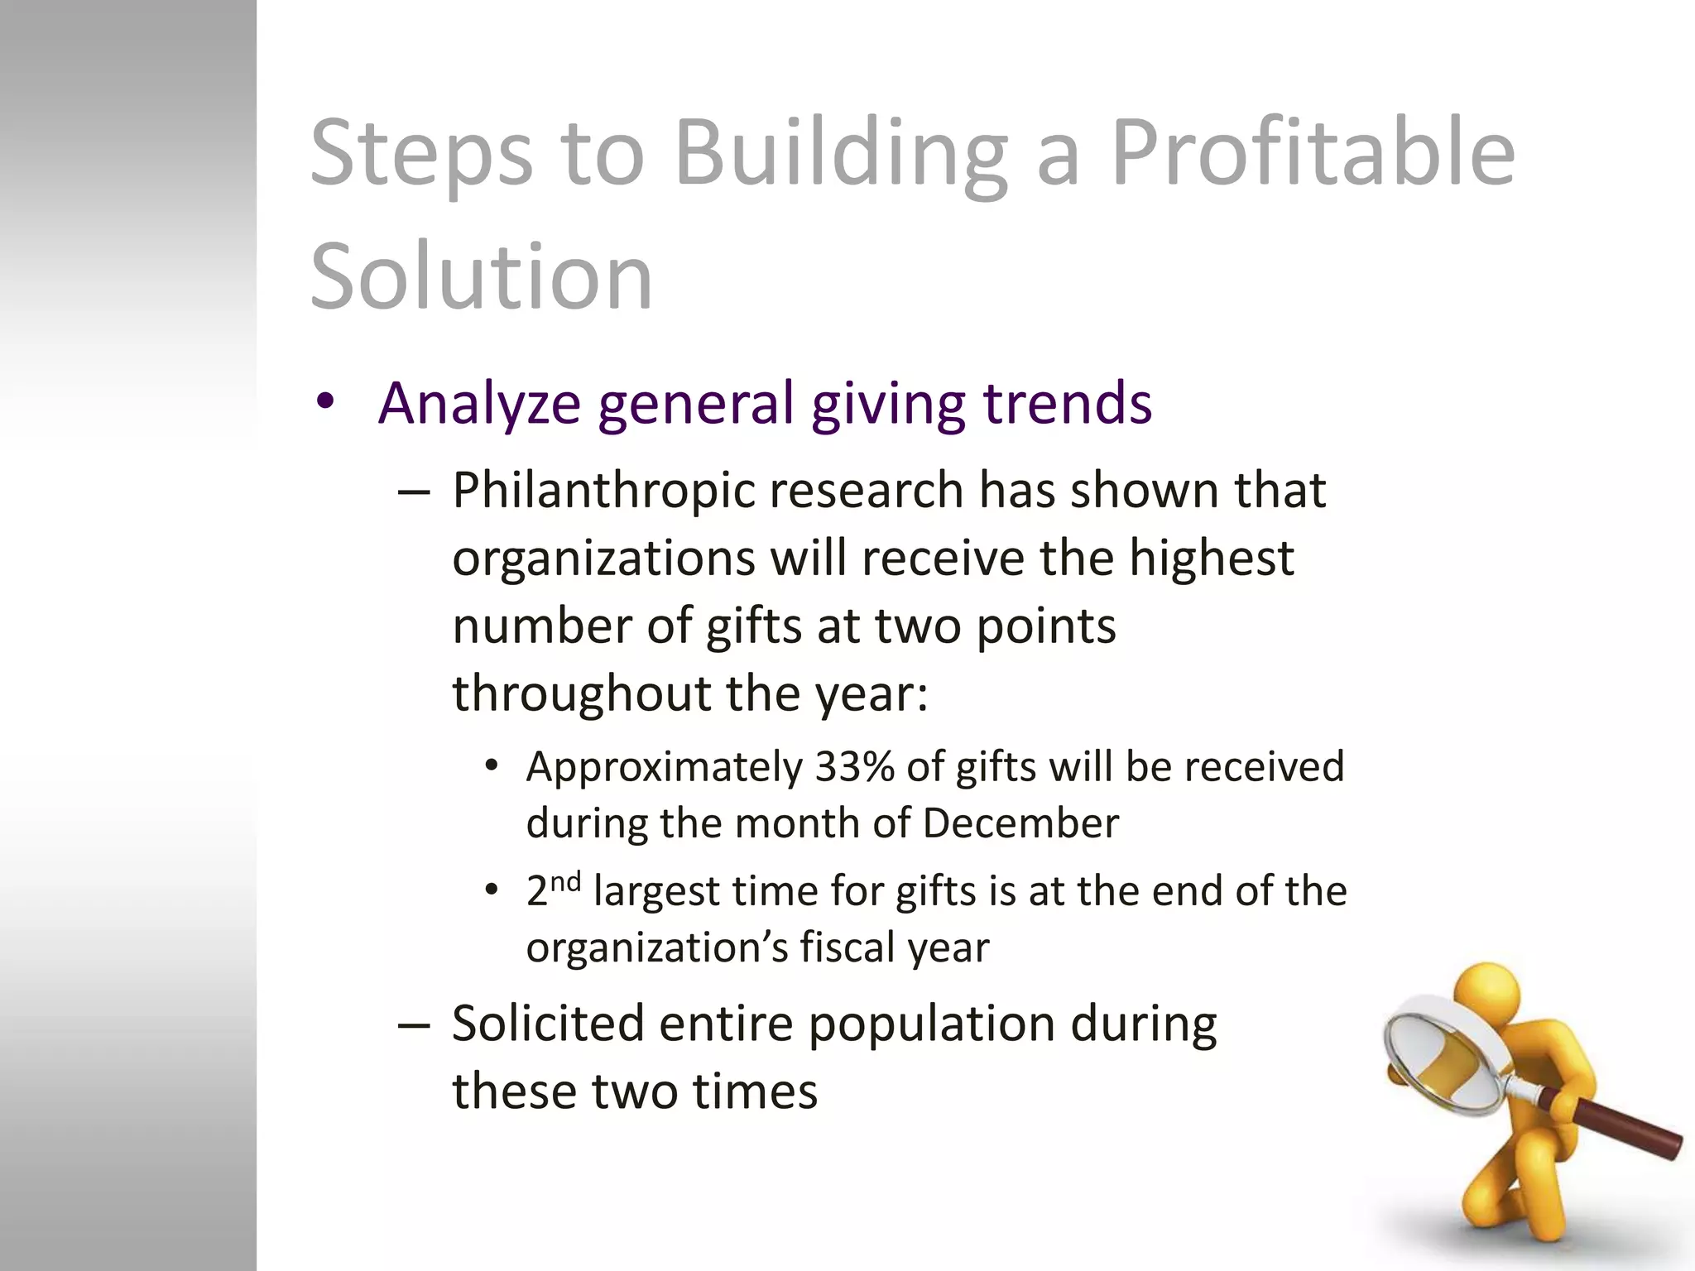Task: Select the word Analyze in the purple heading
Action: pyautogui.click(x=479, y=404)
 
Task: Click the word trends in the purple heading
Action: pyautogui.click(x=1067, y=404)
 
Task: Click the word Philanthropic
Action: pyautogui.click(x=603, y=491)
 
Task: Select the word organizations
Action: pyautogui.click(x=603, y=559)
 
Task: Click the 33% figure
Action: pyautogui.click(x=855, y=767)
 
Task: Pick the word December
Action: pyautogui.click(x=1020, y=824)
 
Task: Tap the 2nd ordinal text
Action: pyautogui.click(x=553, y=890)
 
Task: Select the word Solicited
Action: pyautogui.click(x=548, y=1024)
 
